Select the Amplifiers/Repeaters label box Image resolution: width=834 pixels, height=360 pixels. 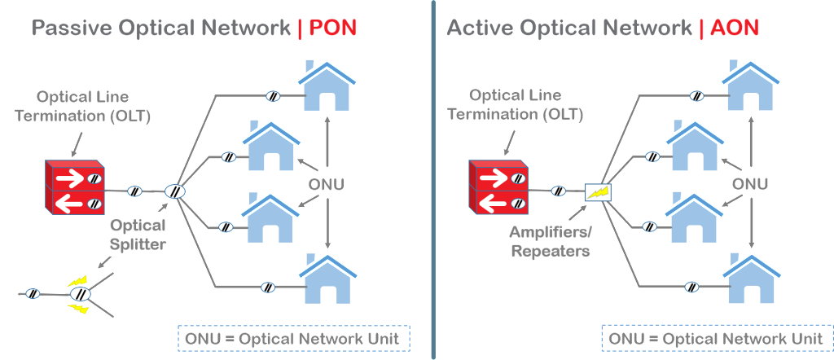549,241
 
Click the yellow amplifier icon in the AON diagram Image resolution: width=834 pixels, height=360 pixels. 598,192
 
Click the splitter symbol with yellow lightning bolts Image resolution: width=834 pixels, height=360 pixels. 79,294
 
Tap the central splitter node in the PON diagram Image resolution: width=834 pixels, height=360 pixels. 174,192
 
